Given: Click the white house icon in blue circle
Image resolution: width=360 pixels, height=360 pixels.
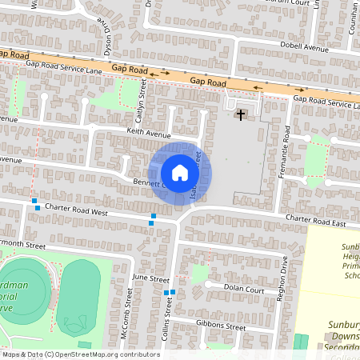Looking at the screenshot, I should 180,173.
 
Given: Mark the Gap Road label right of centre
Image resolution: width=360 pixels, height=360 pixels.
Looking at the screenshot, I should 208,82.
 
